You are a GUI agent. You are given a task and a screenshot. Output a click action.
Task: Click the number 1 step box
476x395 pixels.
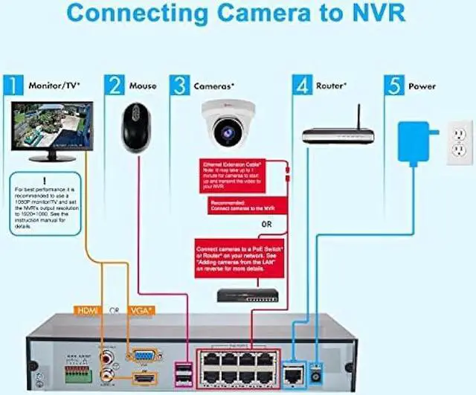pos(13,86)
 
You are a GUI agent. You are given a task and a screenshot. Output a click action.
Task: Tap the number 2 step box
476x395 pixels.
pos(114,86)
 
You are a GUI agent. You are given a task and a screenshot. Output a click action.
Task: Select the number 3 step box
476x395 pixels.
pos(180,86)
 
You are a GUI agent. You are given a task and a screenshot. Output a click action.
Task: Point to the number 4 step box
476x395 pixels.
pos(301,86)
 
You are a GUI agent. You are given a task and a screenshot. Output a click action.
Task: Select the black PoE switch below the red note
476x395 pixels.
pos(248,295)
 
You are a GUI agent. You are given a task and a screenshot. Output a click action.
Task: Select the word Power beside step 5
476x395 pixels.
pos(422,86)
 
